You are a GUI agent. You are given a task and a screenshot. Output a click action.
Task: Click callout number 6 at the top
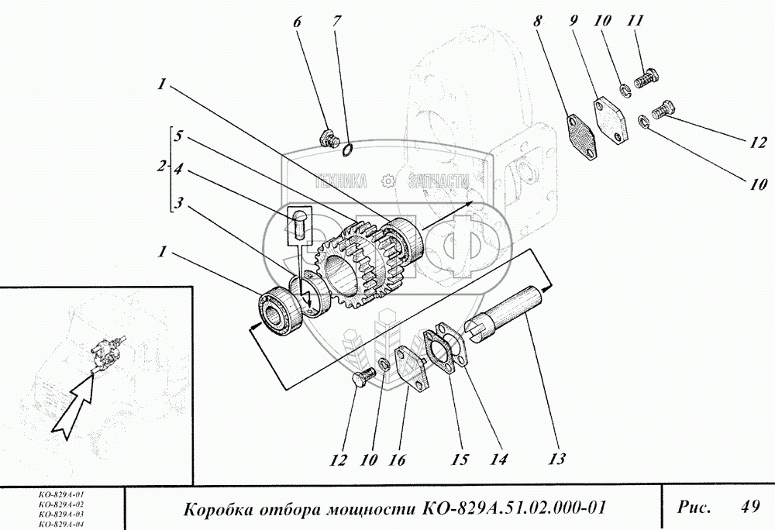pos(297,22)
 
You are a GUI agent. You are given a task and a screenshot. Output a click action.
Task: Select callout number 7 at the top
pos(336,22)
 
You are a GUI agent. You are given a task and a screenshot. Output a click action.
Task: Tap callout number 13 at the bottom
pos(556,459)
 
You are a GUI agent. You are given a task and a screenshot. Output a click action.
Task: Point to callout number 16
pos(396,459)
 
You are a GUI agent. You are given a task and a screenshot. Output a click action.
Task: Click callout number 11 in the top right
pos(635,21)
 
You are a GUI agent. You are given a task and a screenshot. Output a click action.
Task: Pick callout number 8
pos(538,21)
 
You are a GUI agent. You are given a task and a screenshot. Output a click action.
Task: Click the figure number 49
pos(750,508)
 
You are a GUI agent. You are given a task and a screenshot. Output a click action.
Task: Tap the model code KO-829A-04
pos(60,525)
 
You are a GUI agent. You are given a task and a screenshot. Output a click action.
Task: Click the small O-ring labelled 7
pos(348,149)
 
